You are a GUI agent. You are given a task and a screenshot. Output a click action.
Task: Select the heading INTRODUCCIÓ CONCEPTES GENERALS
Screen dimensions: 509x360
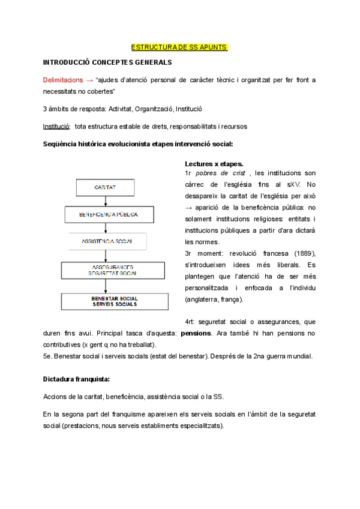107,62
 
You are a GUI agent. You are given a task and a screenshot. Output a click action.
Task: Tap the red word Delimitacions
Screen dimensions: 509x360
63,80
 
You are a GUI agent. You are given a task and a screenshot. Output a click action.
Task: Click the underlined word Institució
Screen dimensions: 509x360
56,127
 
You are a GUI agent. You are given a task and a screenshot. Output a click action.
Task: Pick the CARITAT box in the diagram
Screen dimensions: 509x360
105,188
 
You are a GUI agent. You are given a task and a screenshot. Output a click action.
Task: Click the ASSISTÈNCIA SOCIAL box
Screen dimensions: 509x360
107,241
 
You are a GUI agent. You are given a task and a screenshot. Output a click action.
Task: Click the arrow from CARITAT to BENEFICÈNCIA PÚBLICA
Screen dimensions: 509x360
106,201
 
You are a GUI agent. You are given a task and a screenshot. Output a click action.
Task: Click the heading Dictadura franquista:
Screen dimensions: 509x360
76,379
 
